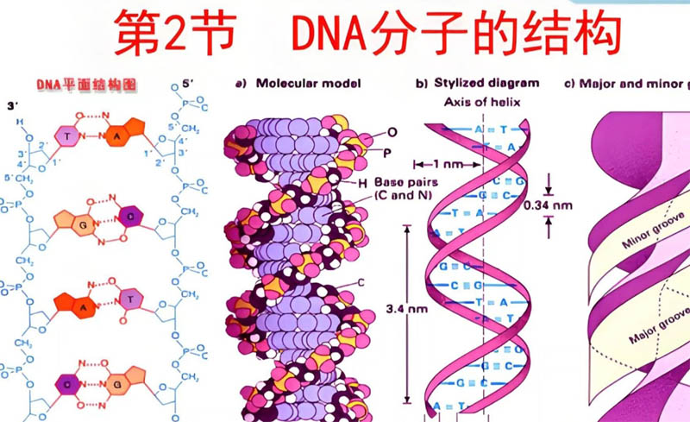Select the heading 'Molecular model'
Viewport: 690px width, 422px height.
304,84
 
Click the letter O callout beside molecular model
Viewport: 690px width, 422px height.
392,133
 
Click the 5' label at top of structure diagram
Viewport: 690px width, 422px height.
189,85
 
